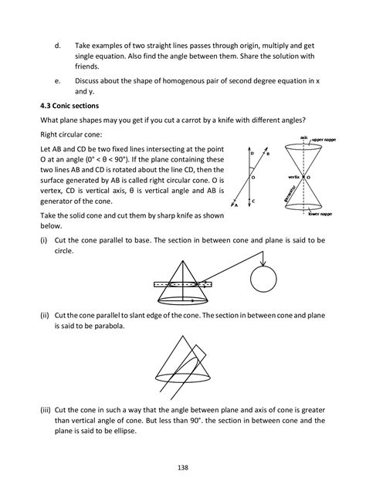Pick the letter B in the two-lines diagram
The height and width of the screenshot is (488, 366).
[x=267, y=154]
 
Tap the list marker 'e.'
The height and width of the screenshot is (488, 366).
[x=58, y=80]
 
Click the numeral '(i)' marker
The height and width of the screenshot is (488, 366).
[x=42, y=241]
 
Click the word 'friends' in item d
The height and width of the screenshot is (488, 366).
[x=88, y=66]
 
